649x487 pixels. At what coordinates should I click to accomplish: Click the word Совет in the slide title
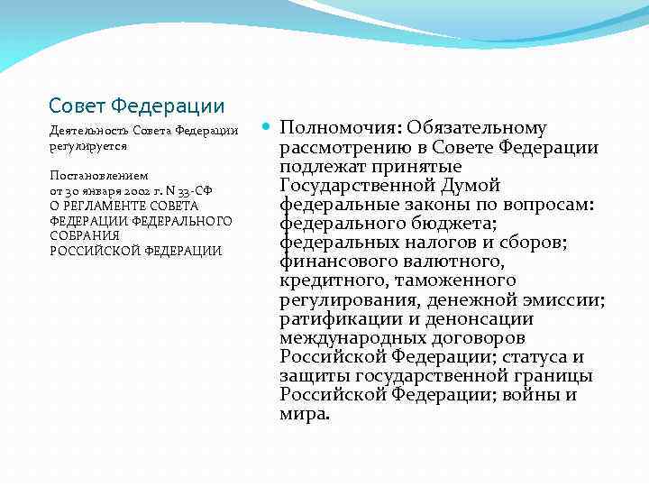coord(75,106)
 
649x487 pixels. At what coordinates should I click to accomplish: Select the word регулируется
coord(88,145)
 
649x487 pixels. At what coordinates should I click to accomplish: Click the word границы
coord(556,376)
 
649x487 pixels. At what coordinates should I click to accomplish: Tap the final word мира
coord(305,415)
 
